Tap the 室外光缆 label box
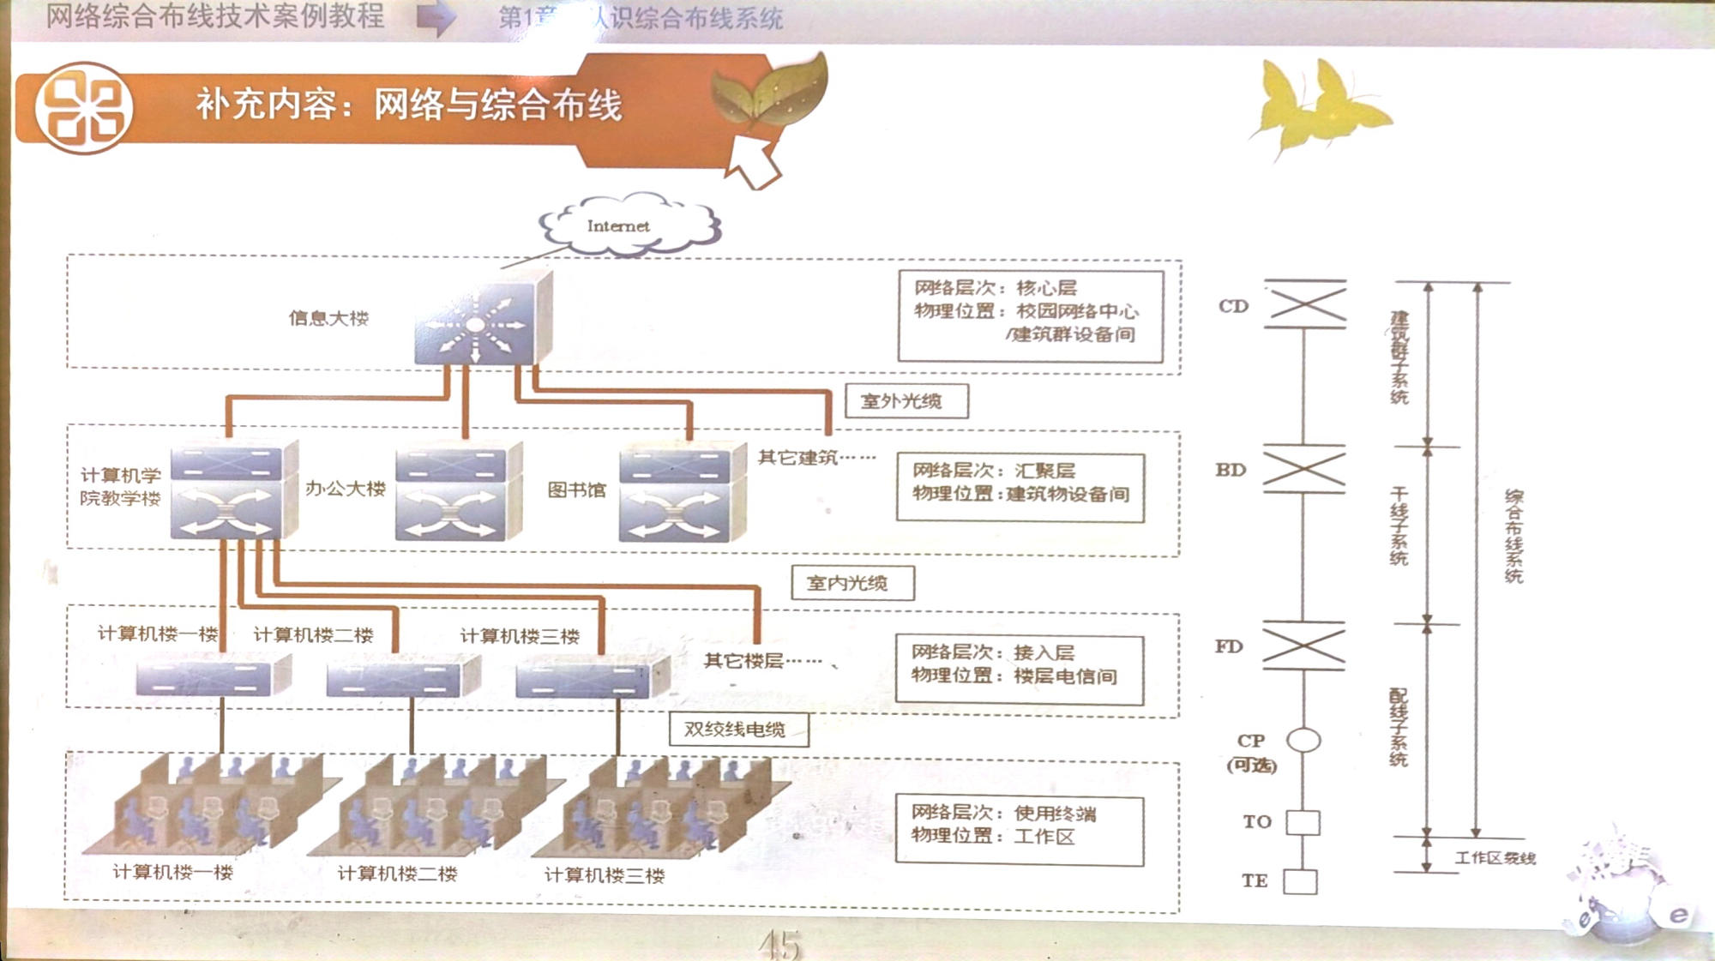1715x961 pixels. click(x=906, y=400)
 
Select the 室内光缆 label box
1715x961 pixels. click(x=852, y=583)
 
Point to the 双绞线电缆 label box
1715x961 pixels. click(x=738, y=730)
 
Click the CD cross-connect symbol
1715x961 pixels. click(x=1305, y=304)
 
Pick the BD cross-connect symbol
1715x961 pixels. click(x=1303, y=469)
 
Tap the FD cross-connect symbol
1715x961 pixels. click(x=1303, y=646)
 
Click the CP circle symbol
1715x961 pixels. click(x=1303, y=739)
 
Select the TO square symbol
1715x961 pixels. click(x=1303, y=822)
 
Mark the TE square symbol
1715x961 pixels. click(x=1300, y=881)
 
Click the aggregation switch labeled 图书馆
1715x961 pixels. click(x=681, y=493)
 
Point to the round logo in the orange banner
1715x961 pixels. click(x=83, y=108)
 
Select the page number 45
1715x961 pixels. click(x=779, y=945)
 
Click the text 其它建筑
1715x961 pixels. click(x=797, y=458)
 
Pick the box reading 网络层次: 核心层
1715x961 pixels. click(x=1030, y=315)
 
